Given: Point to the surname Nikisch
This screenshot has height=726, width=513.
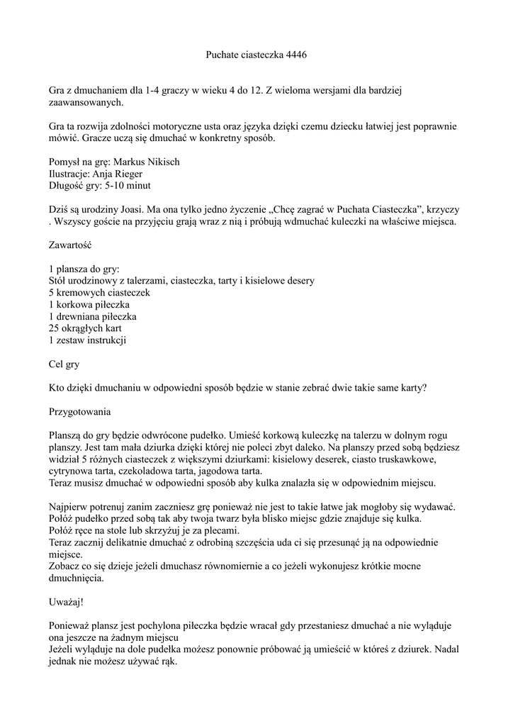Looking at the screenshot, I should click(x=165, y=162).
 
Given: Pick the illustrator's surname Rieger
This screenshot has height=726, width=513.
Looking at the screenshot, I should click(x=128, y=174).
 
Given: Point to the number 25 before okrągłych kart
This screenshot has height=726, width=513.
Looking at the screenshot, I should click(x=54, y=329).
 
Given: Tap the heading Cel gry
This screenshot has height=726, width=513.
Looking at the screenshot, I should click(x=64, y=364).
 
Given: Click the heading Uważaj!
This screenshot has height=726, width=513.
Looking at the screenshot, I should click(x=66, y=602).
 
